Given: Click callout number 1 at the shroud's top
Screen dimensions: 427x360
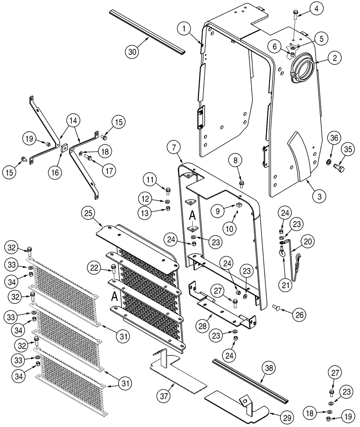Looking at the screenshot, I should [184, 29].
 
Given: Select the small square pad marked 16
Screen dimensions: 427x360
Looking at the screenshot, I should [64, 149].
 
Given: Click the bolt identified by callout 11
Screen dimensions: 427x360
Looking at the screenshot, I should [167, 191].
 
